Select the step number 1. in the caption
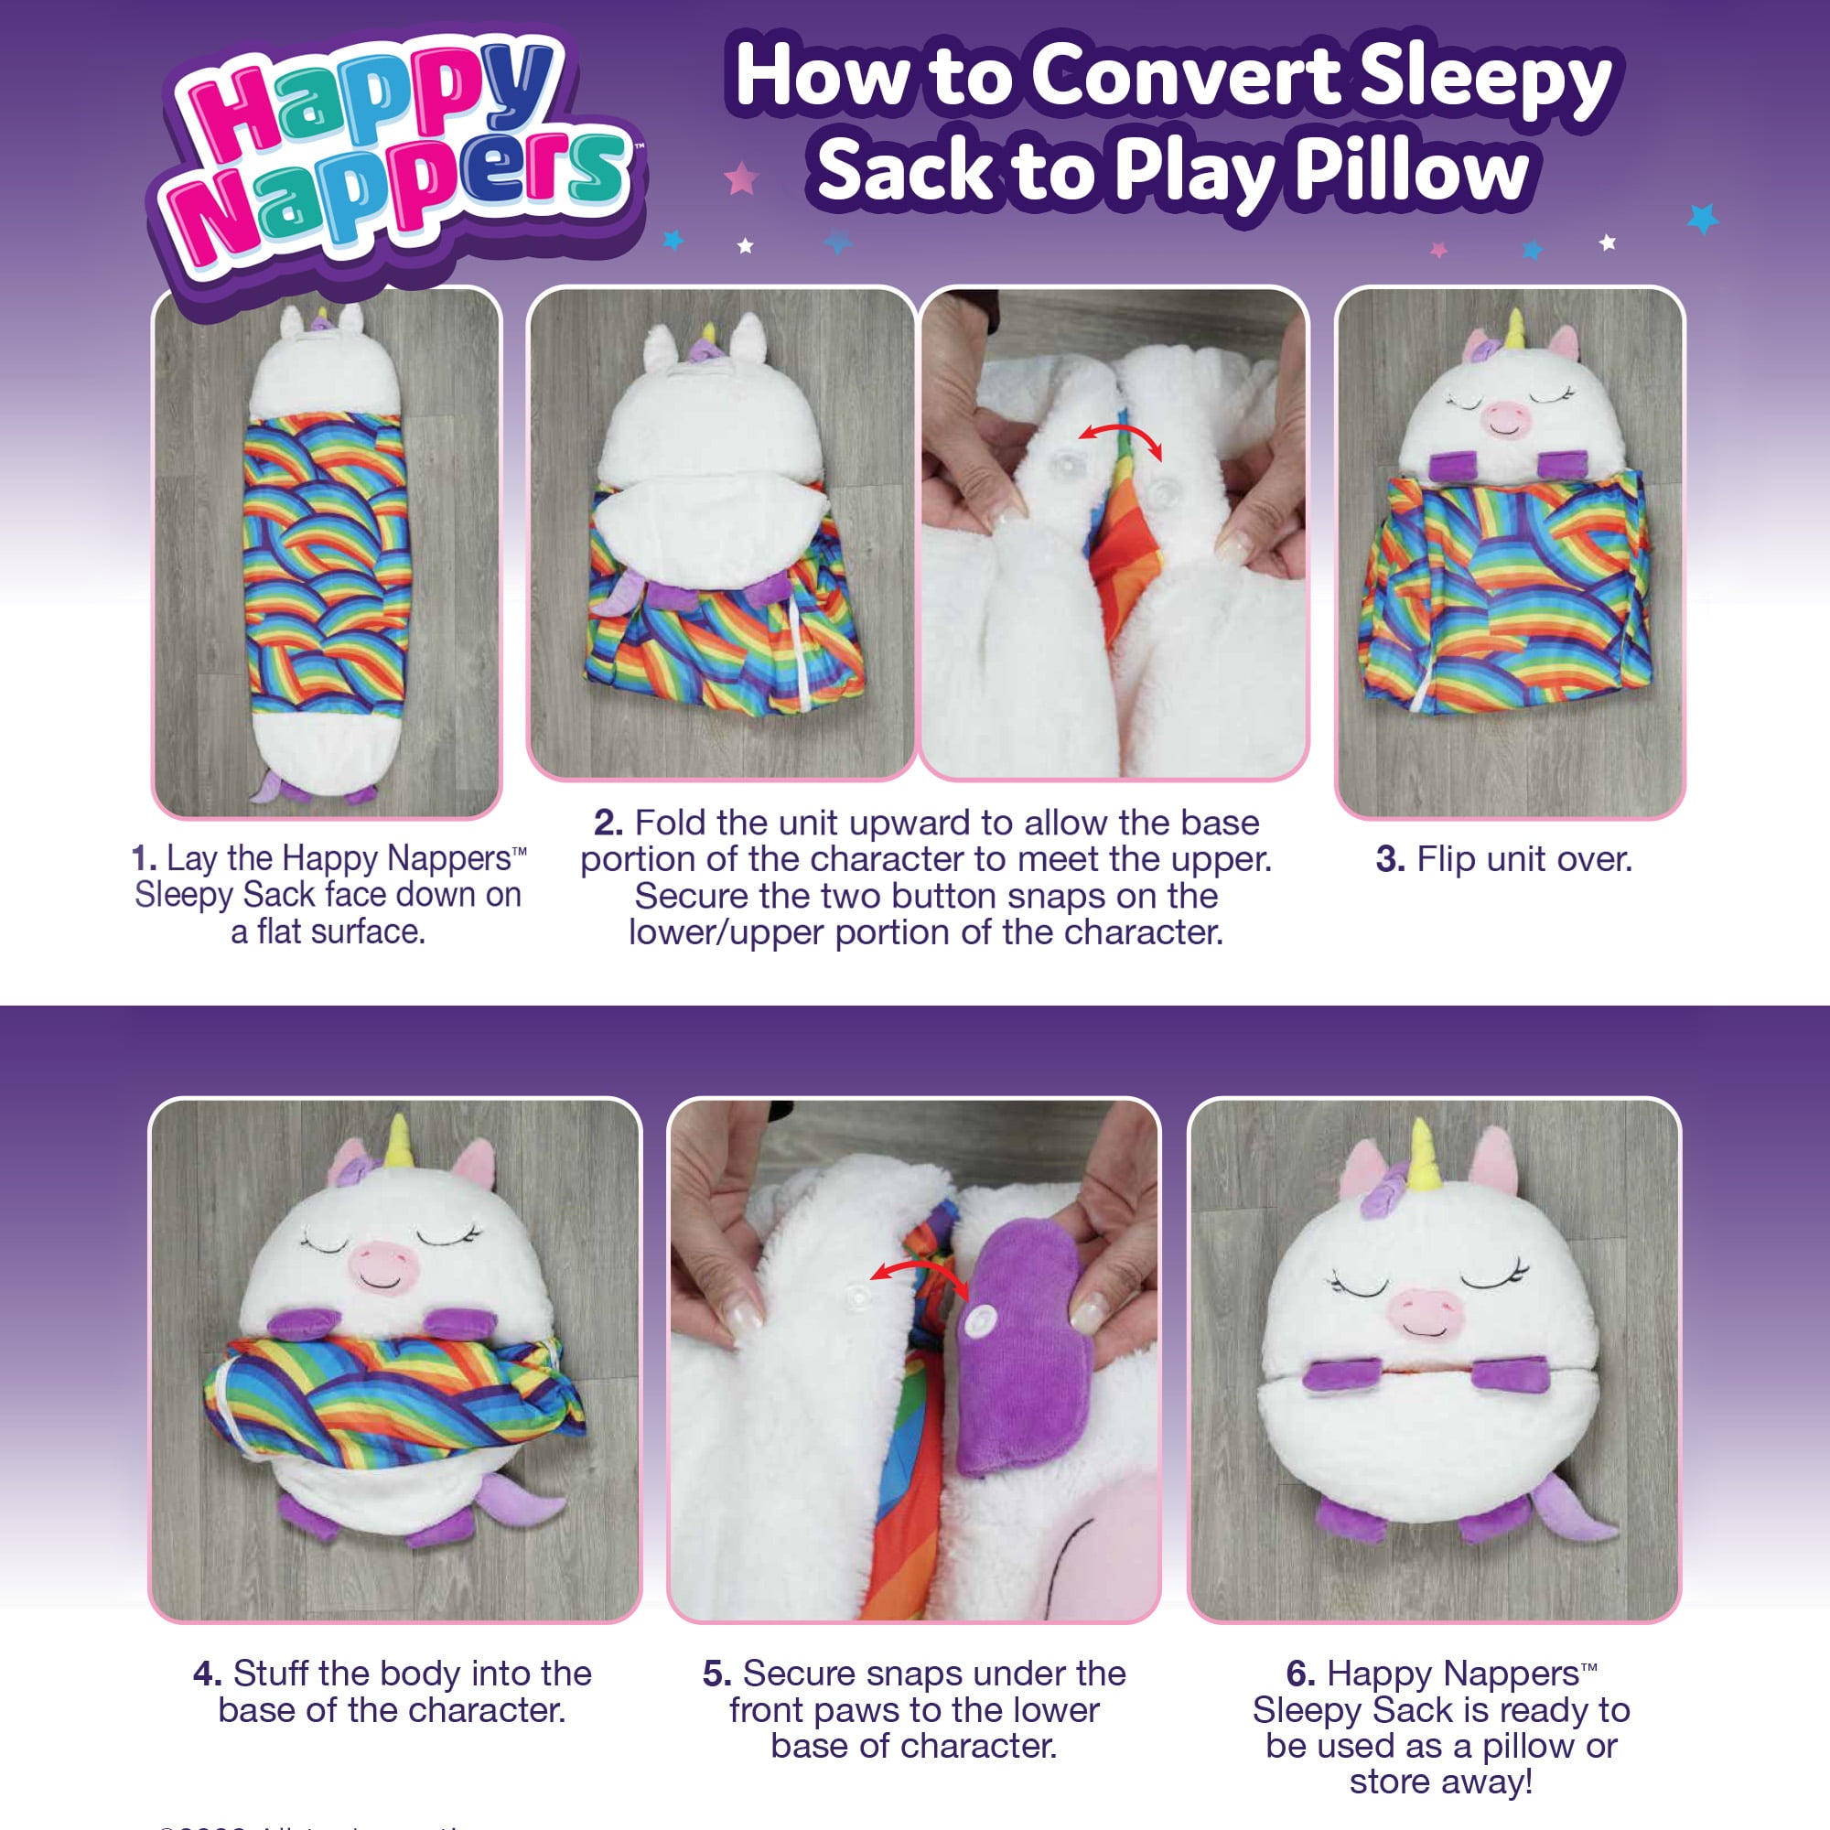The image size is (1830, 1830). coord(144,859)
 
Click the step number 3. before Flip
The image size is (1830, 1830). coord(1390,860)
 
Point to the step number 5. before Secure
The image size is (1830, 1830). coord(717,1674)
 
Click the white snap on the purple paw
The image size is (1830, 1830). coord(985,1318)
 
